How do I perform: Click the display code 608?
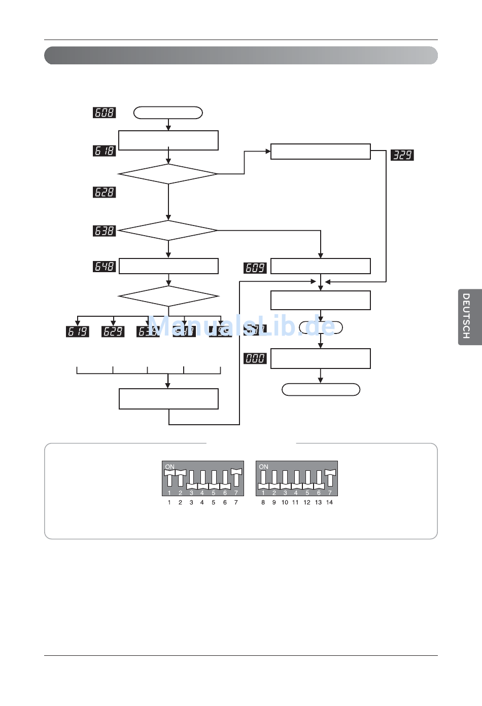(105, 113)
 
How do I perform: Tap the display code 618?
(105, 151)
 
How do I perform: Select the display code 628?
(105, 192)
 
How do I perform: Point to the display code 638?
(105, 231)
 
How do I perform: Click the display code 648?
(105, 266)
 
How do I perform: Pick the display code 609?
(255, 268)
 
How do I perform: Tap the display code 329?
(402, 155)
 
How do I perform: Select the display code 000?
(255, 358)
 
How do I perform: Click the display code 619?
(78, 331)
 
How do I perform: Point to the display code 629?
(113, 331)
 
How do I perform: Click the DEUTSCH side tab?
(469, 317)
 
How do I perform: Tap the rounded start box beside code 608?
(168, 113)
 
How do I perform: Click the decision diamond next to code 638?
(168, 231)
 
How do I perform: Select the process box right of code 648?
(168, 266)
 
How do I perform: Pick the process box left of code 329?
(321, 152)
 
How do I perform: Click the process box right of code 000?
(321, 358)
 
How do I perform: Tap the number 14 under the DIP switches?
(329, 502)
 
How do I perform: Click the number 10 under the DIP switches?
(285, 502)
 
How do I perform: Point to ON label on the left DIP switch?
(170, 466)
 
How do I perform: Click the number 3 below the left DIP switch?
(191, 502)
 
